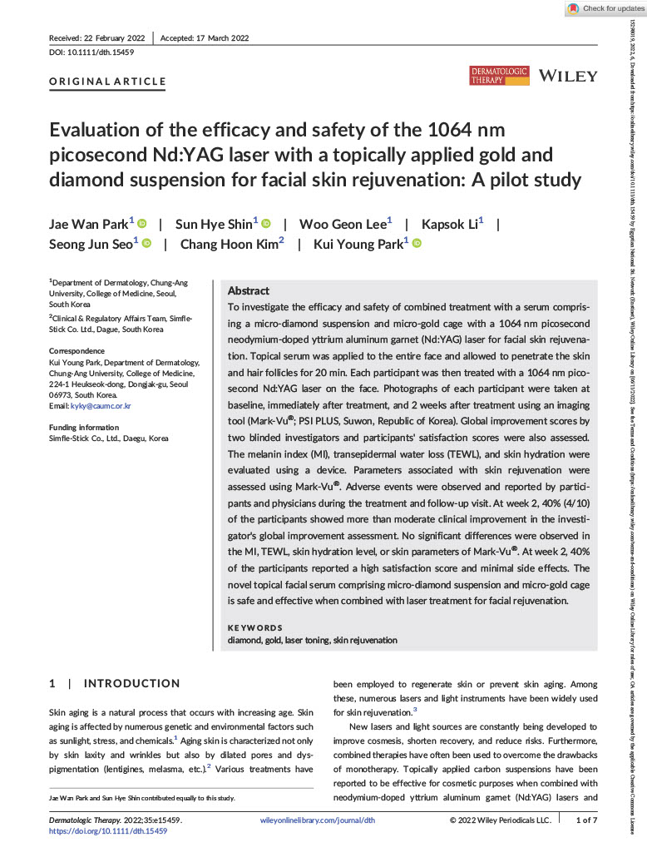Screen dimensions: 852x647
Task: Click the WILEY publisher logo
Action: tap(568, 76)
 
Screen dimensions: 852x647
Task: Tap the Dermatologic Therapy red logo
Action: tap(499, 76)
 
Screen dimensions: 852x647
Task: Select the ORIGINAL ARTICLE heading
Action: tap(107, 82)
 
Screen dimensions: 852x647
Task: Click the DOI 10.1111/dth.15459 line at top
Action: tap(87, 52)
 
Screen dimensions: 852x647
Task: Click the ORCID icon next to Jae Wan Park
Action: tap(142, 223)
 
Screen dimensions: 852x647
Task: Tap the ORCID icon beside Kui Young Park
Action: tap(417, 244)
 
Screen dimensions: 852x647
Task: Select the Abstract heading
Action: tap(248, 290)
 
